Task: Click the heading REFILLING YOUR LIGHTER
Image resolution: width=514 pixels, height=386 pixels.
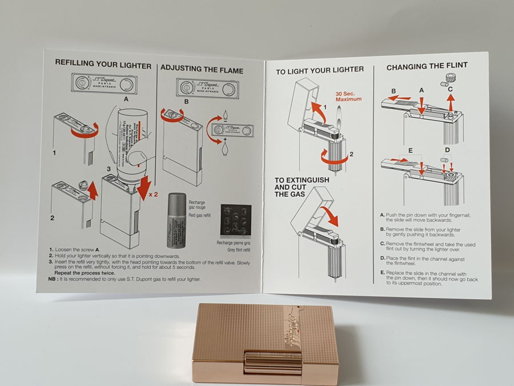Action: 103,66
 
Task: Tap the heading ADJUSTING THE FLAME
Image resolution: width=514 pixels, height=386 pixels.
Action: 202,70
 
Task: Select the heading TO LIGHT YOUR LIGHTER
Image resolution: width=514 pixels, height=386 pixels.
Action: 320,70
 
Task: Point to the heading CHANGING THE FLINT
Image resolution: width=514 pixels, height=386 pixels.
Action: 427,66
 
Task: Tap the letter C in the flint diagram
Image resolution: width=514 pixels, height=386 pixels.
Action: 450,89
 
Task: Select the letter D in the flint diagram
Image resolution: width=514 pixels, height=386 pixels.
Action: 447,150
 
